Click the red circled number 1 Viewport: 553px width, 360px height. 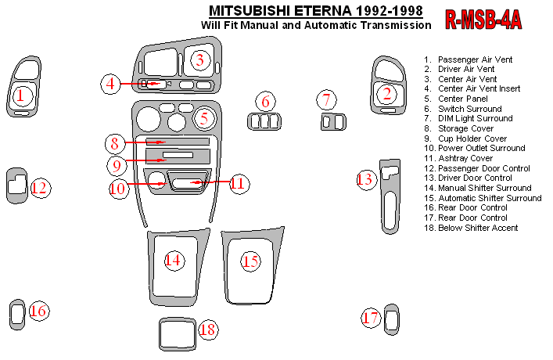(20, 95)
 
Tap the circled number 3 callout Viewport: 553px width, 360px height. (200, 59)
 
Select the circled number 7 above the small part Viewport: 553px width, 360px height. (326, 99)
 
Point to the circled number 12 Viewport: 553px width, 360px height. (40, 188)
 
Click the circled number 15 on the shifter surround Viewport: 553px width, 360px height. (250, 261)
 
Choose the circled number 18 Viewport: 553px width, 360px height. (207, 329)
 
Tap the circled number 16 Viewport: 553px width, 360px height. (38, 311)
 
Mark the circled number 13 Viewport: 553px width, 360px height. (365, 179)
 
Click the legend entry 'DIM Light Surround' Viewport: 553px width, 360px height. (475, 118)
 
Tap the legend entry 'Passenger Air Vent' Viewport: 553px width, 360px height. (475, 59)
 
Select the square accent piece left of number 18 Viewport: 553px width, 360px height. (176, 335)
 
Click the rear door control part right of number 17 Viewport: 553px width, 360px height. (392, 319)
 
